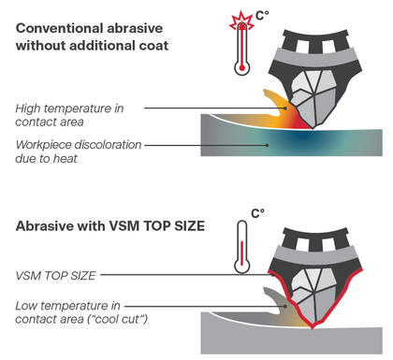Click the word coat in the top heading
(x=155, y=46)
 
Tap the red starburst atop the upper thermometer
(x=241, y=22)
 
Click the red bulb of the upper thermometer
(x=241, y=67)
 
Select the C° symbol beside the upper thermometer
(x=262, y=15)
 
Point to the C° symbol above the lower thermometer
(x=258, y=213)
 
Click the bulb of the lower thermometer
(x=241, y=266)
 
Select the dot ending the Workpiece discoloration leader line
(x=267, y=145)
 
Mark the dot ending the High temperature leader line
(x=284, y=108)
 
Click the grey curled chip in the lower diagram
(x=275, y=303)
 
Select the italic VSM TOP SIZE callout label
(x=55, y=276)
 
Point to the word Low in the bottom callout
(x=25, y=306)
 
